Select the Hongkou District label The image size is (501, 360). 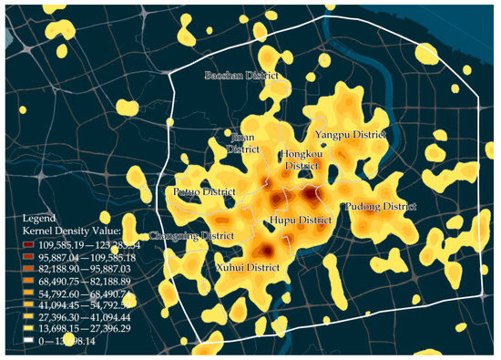coord(302,160)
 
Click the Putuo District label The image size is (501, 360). coord(204,192)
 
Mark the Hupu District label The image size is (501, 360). coord(301,221)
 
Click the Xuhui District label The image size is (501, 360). coord(247,268)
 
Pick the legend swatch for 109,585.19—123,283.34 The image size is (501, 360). coord(30,245)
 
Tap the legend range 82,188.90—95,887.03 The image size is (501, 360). coord(86,271)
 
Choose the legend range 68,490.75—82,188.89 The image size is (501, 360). coord(86,284)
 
